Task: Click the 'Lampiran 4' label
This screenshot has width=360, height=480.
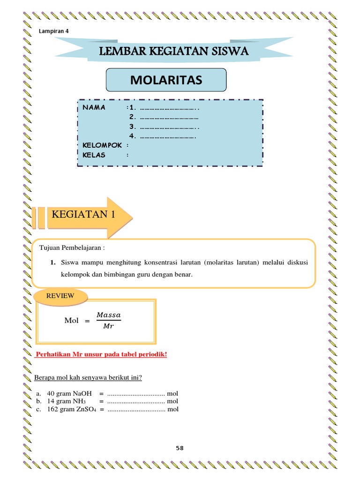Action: [52, 31]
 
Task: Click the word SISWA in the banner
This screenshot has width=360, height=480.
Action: [227, 51]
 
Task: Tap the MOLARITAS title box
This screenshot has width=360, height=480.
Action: [166, 80]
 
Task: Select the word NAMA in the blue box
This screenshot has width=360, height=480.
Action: [94, 107]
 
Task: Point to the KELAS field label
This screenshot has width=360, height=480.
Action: [94, 155]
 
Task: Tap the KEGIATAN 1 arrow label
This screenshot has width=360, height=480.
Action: [84, 215]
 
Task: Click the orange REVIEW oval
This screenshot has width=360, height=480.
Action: [60, 296]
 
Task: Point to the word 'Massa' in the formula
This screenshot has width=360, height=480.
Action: [108, 314]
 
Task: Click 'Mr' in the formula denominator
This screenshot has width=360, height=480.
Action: [108, 326]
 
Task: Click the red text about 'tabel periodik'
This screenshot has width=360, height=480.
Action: [101, 354]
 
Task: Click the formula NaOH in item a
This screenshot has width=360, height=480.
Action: [82, 393]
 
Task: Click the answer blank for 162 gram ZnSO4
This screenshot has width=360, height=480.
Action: [136, 410]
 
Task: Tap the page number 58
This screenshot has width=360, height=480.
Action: [180, 448]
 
